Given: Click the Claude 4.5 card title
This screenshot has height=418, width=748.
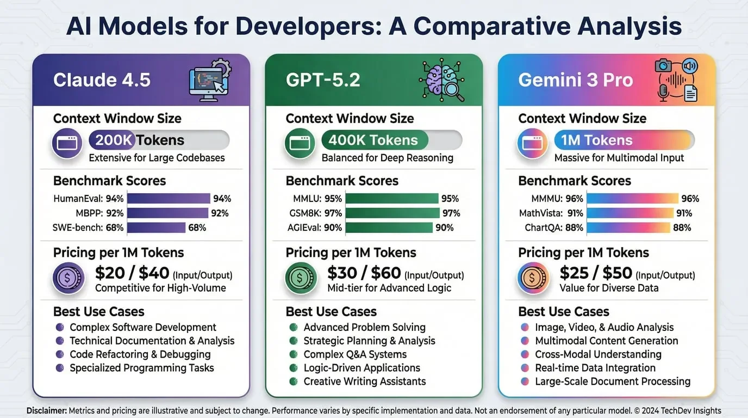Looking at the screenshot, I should point(102,80).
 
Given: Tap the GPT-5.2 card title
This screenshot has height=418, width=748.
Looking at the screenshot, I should point(323,80).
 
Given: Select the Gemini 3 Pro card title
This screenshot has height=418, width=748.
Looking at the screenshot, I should point(576,80).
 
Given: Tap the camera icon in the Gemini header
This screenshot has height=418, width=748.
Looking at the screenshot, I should point(664,66).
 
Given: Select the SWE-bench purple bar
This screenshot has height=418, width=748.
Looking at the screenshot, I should point(157,228).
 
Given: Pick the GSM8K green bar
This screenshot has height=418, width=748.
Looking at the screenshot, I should point(392,213).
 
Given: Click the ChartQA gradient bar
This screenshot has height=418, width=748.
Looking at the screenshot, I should point(628,228).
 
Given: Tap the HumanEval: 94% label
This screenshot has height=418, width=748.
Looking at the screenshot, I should point(89,199).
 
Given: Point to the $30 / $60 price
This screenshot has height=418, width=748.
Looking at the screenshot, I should point(364,273).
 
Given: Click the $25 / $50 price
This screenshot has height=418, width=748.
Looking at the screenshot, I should point(596,273).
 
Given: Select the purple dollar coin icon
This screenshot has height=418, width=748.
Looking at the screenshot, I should point(68,278).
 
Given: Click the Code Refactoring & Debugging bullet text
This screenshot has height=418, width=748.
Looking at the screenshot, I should point(140,354).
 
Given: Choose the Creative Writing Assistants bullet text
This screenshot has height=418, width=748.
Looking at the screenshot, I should point(364,382).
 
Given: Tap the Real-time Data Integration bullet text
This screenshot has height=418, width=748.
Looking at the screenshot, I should point(595,368).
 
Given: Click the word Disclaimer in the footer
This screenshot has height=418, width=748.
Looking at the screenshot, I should point(46,411).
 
